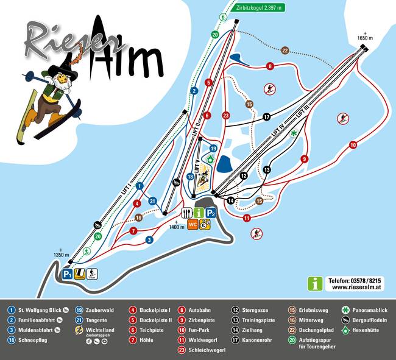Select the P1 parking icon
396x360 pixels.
(68, 275)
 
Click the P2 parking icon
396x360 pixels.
(211, 213)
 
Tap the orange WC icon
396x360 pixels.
(193, 224)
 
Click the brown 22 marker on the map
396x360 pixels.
(285, 50)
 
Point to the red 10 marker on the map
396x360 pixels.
(353, 145)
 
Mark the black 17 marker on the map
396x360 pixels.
(266, 116)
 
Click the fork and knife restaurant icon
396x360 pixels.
(186, 213)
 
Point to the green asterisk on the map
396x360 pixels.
(294, 133)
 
